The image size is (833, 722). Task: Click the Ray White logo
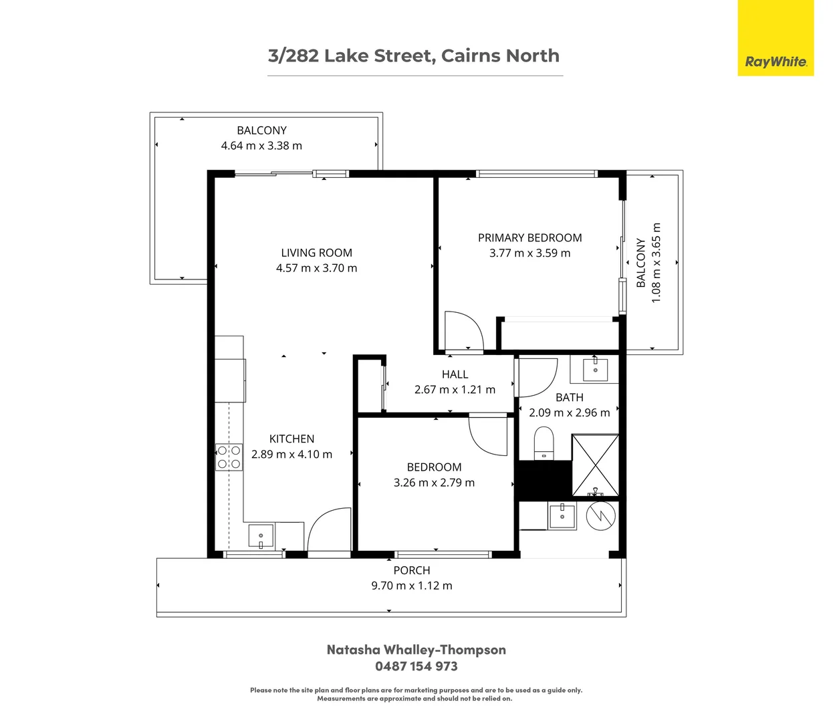pos(776,62)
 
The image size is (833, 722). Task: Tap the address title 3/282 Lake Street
pos(413,55)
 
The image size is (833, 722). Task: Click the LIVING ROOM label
pos(316,253)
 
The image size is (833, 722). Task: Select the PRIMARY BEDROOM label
pos(529,238)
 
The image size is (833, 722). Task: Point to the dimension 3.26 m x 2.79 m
pos(434,483)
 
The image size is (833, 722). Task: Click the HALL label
pos(455,374)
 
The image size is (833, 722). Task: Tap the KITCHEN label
pos(291,439)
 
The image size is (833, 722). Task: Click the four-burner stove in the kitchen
pos(229,457)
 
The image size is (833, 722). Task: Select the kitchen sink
pos(261,536)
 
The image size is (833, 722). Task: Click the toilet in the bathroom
pos(544,444)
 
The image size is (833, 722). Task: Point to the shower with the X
pos(596,465)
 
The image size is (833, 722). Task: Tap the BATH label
pos(569,397)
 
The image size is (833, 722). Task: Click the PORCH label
pos(411,570)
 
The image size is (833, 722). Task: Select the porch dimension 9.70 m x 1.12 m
pos(411,586)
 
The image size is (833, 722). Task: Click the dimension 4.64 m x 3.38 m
pos(261,146)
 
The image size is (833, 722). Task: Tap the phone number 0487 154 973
pos(416,666)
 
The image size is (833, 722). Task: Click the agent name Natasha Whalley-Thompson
pos(416,650)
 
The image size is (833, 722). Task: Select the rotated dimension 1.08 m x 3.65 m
pos(656,263)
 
